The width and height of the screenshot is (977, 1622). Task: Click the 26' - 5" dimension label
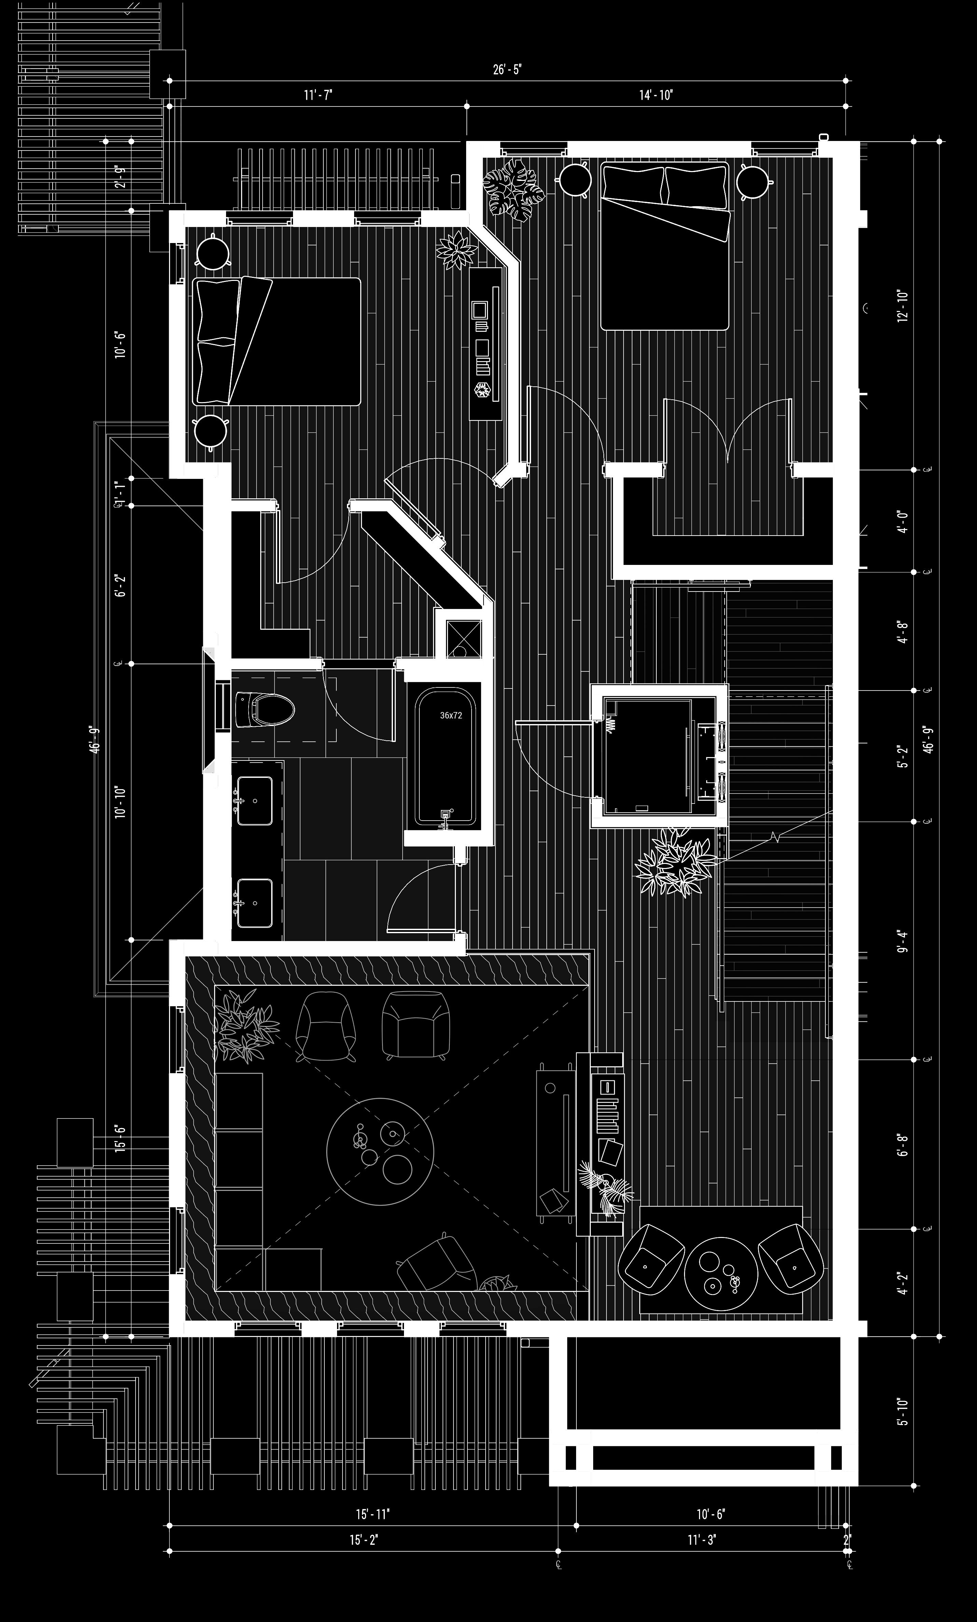click(507, 70)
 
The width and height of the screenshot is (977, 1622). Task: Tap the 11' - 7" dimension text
click(318, 96)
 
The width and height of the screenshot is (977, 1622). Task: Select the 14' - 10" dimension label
click(656, 96)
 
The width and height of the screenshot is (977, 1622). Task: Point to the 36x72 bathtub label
click(451, 715)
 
